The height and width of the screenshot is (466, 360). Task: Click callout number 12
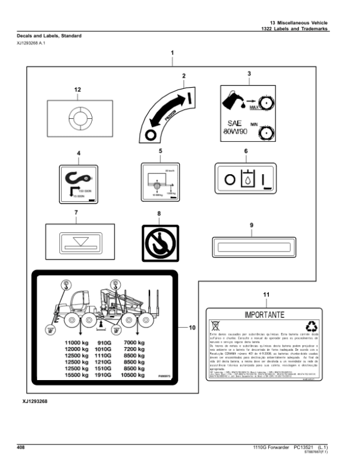77,89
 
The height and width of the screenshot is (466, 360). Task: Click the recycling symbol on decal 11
312,326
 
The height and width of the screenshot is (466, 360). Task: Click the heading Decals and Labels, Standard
49,36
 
